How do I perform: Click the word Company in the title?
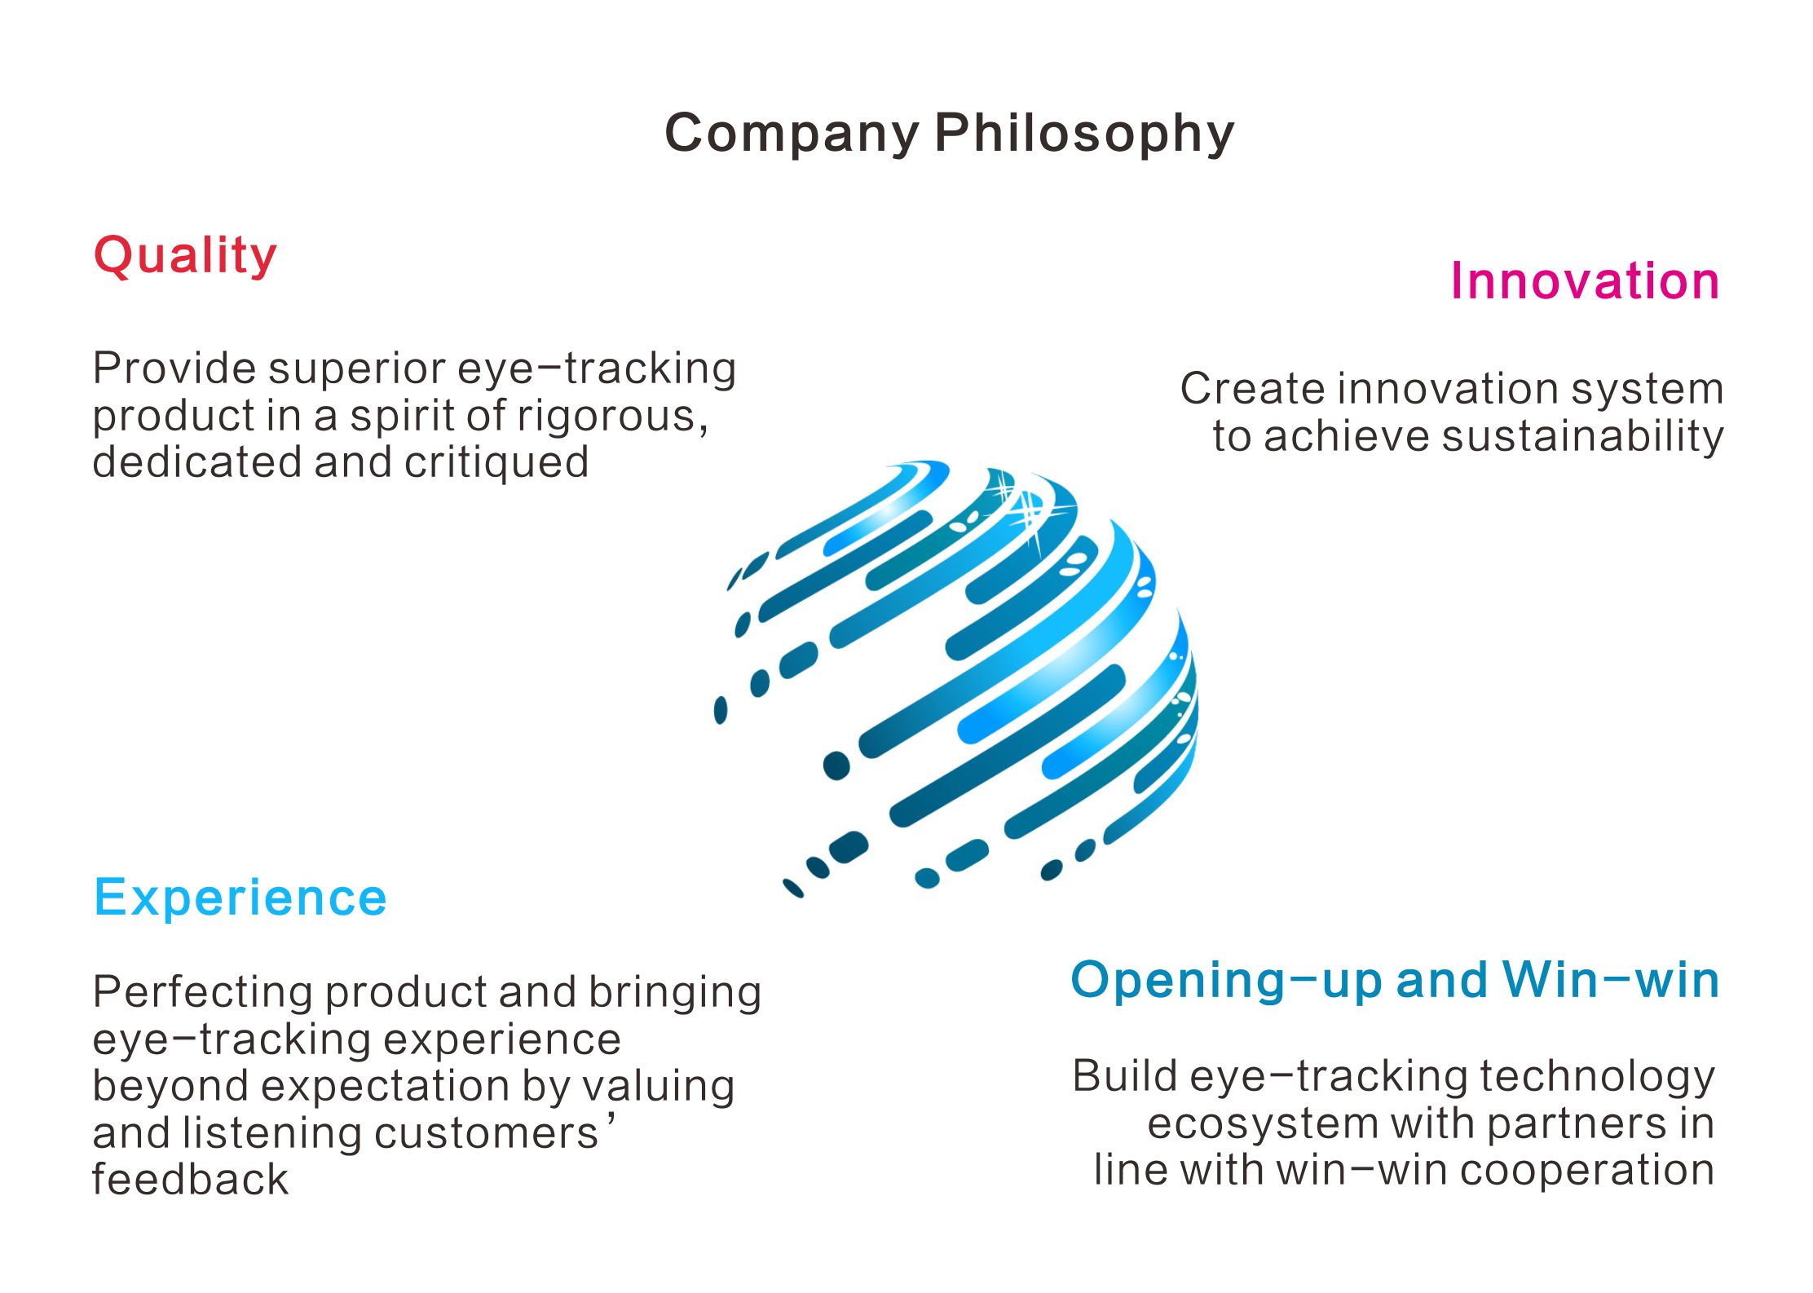click(792, 134)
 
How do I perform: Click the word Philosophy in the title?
click(1084, 134)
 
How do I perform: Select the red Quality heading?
click(185, 257)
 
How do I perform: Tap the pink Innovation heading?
click(1585, 281)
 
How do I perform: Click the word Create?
click(1251, 389)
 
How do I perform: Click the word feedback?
click(190, 1180)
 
